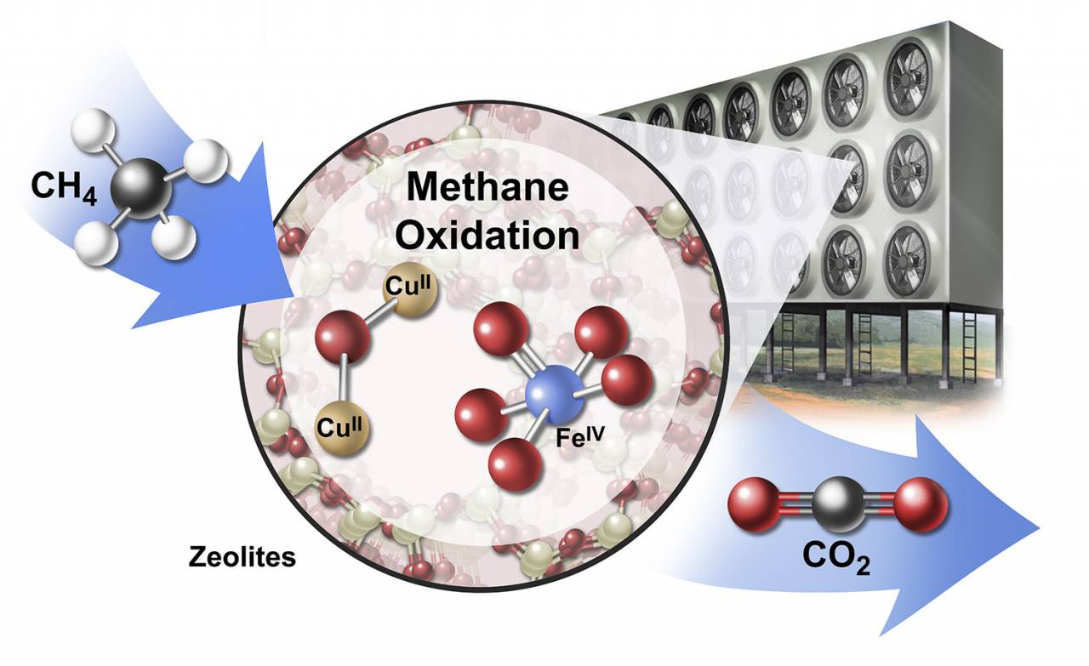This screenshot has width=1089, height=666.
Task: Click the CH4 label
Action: [x=64, y=188]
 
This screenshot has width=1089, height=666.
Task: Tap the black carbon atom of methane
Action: [x=141, y=189]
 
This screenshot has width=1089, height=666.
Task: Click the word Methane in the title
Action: [x=487, y=187]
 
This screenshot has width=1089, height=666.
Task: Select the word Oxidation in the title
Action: [x=487, y=236]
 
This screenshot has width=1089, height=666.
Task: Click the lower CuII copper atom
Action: [x=342, y=429]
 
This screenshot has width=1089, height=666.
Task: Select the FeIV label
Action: [x=580, y=437]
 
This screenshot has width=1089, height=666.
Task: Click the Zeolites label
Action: [x=242, y=557]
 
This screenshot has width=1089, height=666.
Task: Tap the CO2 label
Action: [x=836, y=558]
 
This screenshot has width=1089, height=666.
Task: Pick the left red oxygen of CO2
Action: [x=755, y=504]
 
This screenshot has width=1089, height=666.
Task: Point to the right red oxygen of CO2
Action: [x=921, y=504]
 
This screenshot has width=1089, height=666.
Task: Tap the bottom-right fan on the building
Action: [x=907, y=261]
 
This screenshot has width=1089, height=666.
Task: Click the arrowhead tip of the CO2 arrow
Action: [x=1039, y=528]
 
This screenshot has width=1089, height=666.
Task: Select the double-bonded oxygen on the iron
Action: [x=501, y=328]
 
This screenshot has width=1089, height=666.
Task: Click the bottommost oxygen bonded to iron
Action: [x=516, y=465]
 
